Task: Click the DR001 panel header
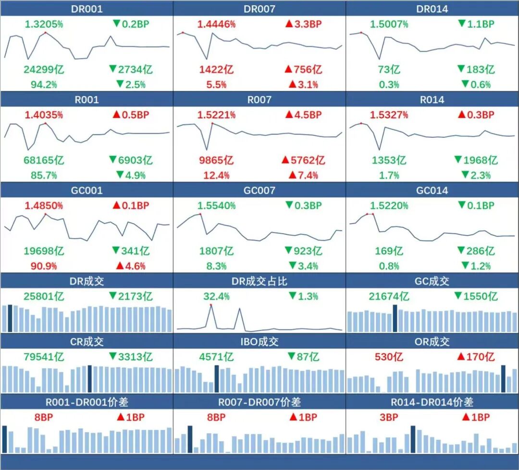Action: click(86, 9)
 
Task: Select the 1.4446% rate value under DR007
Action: click(216, 24)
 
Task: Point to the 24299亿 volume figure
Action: click(44, 70)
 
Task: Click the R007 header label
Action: click(259, 100)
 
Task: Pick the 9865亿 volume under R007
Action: click(216, 160)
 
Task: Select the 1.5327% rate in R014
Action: click(389, 115)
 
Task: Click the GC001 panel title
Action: click(86, 191)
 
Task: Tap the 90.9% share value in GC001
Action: click(44, 266)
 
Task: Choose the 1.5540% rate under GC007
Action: click(216, 205)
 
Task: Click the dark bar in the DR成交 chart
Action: click(10, 318)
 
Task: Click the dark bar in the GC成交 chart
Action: click(395, 318)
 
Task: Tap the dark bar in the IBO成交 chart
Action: click(217, 379)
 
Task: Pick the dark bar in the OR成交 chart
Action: click(503, 379)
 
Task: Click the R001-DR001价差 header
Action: click(86, 402)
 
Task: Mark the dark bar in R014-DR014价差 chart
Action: click(413, 439)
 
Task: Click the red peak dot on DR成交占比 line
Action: click(210, 305)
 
